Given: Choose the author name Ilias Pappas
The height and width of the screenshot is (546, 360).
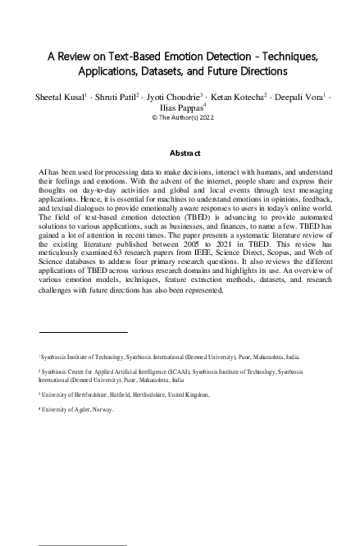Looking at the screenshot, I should click(x=178, y=107).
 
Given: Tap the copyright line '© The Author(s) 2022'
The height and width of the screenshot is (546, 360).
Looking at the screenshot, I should click(x=180, y=117).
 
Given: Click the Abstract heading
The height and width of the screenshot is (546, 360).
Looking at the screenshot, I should click(x=180, y=153).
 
